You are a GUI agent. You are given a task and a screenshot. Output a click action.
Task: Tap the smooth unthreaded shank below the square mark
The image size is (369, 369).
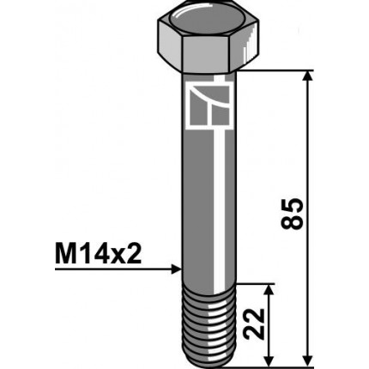pos(209,206)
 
